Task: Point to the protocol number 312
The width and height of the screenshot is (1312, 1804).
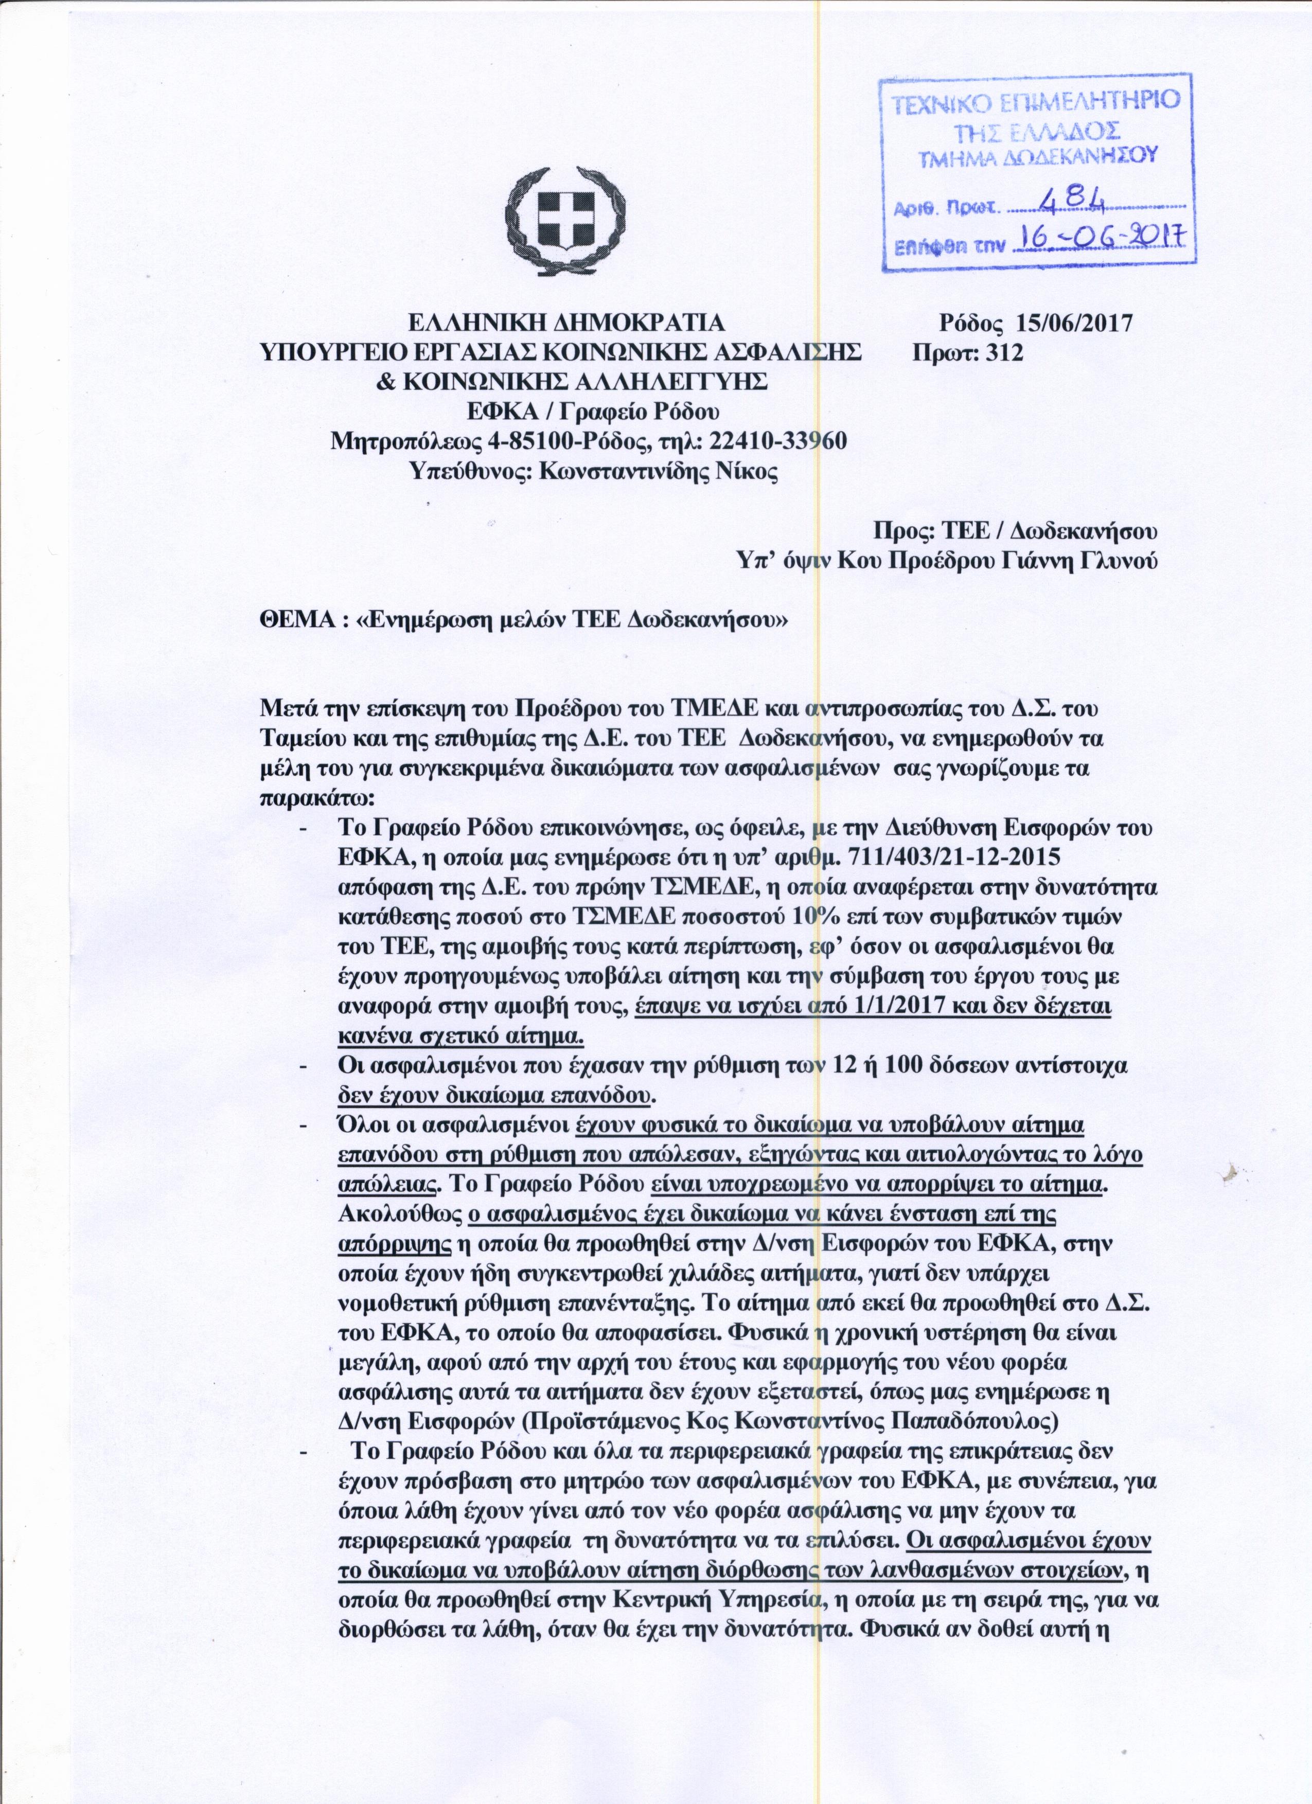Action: coord(1004,352)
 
